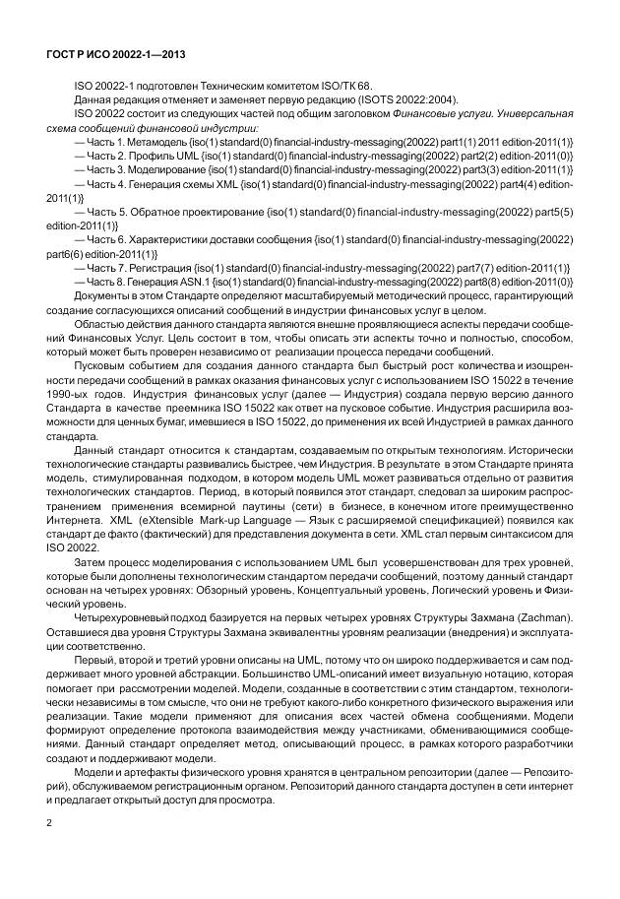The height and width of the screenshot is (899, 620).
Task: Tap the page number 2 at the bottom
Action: (x=48, y=820)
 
